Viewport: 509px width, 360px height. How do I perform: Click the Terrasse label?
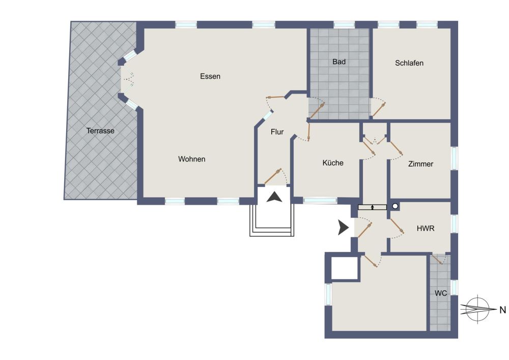click(100, 131)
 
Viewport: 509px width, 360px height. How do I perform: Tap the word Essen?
click(210, 76)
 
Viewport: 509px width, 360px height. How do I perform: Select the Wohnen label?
click(191, 159)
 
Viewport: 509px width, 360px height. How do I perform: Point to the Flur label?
click(277, 132)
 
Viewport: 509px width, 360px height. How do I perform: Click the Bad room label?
click(339, 62)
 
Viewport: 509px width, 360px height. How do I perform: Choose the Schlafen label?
click(409, 63)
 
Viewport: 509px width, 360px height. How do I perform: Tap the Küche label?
click(333, 162)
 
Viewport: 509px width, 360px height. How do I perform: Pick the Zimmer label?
click(420, 164)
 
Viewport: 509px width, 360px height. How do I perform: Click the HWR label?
click(425, 229)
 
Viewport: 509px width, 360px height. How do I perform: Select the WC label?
click(440, 293)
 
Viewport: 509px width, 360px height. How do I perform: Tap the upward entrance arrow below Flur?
click(274, 197)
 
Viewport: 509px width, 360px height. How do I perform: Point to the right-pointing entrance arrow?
click(343, 227)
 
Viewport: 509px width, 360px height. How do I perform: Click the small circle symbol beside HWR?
click(395, 206)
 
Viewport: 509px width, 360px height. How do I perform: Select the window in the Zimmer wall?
click(454, 158)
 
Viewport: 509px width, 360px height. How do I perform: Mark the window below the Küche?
click(320, 201)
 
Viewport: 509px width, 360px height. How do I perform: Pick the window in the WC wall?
click(454, 288)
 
